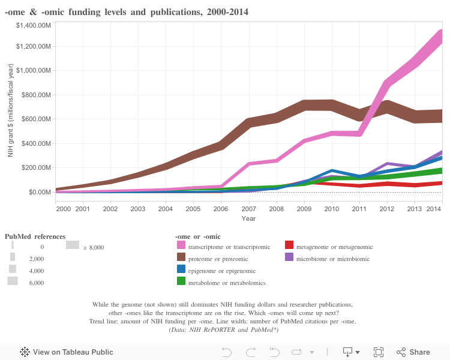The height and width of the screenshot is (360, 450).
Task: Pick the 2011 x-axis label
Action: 359,209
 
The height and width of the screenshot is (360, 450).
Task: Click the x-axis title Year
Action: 248,218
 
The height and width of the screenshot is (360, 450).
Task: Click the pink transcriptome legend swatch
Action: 181,246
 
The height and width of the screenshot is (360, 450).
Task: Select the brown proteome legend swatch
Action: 181,258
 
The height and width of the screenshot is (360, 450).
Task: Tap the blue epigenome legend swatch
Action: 181,270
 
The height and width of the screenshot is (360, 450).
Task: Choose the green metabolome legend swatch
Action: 181,282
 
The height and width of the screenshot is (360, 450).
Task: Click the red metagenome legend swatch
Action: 289,246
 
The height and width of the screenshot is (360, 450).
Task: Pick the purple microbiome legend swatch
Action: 289,258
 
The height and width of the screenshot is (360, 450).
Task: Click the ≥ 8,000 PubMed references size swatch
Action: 73,245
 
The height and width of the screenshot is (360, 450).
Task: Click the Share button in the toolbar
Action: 413,352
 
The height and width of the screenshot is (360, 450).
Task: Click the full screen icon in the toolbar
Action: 379,352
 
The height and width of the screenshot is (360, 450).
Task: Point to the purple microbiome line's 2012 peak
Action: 386,163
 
